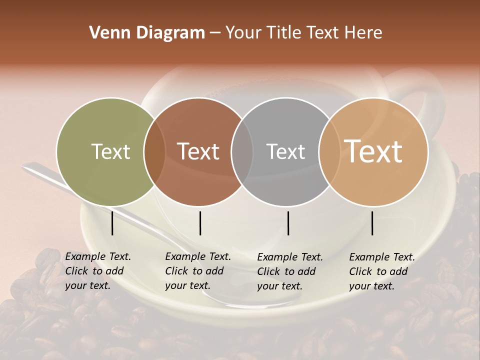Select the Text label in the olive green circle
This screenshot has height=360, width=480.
coord(110,151)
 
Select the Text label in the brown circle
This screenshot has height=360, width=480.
coord(198,151)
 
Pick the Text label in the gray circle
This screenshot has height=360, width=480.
coord(285,151)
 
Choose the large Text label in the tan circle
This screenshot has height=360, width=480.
coord(373,151)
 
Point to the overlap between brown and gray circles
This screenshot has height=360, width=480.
coord(242,152)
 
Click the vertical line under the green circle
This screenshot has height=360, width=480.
coord(112,223)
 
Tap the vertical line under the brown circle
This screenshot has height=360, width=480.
coord(200,223)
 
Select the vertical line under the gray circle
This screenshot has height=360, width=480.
coord(288,223)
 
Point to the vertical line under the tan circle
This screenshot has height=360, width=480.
coord(372,223)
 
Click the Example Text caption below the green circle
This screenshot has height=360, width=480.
coord(97,271)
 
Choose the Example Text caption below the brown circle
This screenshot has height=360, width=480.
coord(197,271)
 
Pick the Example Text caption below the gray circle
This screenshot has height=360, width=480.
coord(289,271)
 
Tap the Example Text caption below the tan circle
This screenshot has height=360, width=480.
coord(381,271)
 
